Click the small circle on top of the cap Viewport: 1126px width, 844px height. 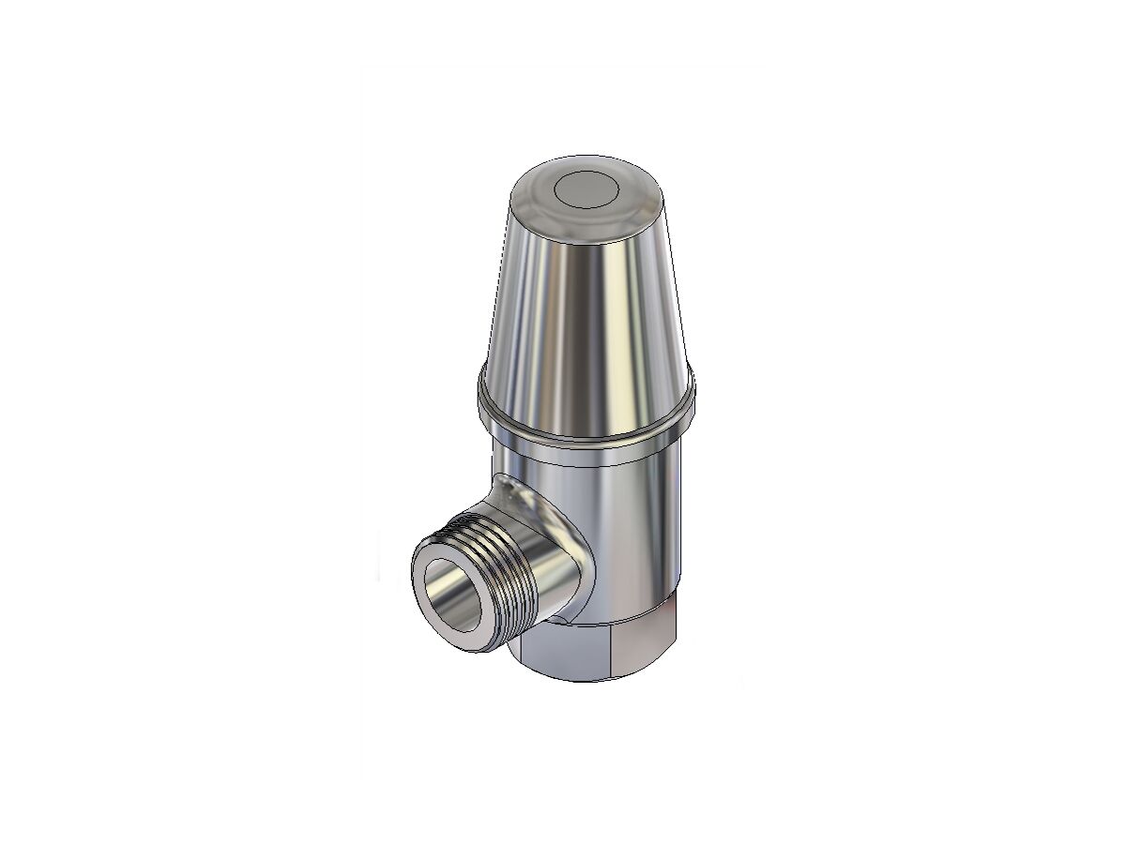(x=583, y=190)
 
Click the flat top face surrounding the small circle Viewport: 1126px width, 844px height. (x=619, y=188)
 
